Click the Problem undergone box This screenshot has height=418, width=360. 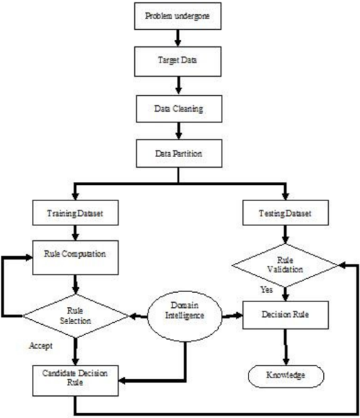[x=178, y=16]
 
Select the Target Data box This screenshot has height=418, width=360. [x=178, y=61]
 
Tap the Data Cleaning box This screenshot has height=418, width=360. [x=179, y=109]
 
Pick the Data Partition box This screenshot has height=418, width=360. [x=179, y=154]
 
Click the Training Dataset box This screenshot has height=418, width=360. [x=75, y=213]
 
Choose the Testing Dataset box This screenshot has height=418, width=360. [x=285, y=213]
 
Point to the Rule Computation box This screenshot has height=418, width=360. [x=75, y=257]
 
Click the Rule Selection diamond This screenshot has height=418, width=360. [x=75, y=316]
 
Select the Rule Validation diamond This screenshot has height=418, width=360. [x=285, y=265]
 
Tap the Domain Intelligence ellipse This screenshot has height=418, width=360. [x=185, y=316]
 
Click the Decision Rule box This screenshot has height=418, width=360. [x=285, y=315]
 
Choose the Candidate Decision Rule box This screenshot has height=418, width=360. [x=75, y=381]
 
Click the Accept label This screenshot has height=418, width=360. [x=40, y=345]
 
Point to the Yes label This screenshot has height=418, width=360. [x=266, y=289]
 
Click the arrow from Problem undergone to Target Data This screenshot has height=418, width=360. [x=178, y=38]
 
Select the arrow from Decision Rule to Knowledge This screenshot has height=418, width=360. [x=285, y=347]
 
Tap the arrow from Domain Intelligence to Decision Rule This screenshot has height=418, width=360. [x=232, y=316]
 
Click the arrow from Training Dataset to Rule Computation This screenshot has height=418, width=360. [x=75, y=233]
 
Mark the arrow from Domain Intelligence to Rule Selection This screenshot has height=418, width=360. [x=138, y=316]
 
